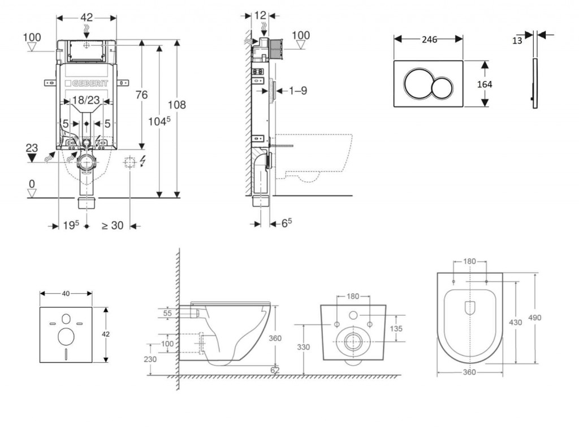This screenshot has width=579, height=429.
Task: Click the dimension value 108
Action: [x=176, y=105]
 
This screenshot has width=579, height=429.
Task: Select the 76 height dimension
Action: [x=141, y=95]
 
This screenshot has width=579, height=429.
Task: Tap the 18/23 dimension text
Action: [x=86, y=101]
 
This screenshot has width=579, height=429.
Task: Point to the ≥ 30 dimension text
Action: [x=112, y=225]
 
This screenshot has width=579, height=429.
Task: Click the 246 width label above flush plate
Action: [x=429, y=39]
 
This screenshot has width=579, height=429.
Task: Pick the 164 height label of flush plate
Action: [x=484, y=84]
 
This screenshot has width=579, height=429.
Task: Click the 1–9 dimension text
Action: [x=297, y=90]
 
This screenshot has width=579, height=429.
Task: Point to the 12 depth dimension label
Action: [x=260, y=15]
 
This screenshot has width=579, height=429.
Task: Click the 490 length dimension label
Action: [x=535, y=318]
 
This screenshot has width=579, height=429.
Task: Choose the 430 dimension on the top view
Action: [x=516, y=322]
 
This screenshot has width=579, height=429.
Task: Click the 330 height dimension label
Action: [x=304, y=347]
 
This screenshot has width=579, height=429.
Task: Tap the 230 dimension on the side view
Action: [x=150, y=359]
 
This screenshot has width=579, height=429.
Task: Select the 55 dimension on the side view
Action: [x=167, y=312]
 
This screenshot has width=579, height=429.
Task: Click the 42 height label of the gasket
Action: [x=106, y=334]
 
